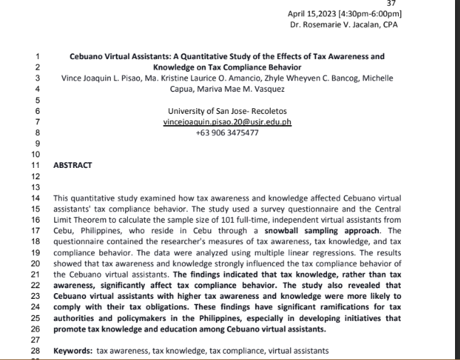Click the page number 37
point(391,4)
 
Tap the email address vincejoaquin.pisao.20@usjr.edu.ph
point(227,122)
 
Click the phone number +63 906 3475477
point(227,132)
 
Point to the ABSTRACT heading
point(73,164)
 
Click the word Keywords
point(73,351)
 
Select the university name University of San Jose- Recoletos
point(227,111)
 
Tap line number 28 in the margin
point(37,351)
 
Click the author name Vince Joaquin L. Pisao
point(98,78)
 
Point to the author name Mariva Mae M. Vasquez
point(243,89)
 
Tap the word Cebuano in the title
point(87,56)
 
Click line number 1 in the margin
point(37,56)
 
